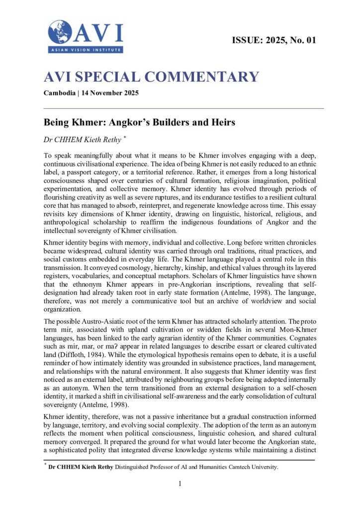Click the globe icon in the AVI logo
[60, 32]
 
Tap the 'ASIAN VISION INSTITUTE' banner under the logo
[85, 50]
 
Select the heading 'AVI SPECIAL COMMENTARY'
[151, 77]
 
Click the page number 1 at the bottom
[180, 483]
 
